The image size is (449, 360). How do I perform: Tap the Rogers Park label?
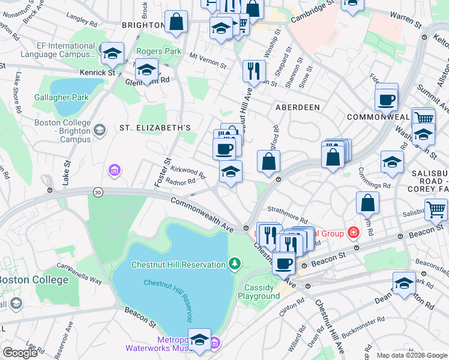158,52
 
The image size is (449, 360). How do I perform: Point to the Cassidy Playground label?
259,292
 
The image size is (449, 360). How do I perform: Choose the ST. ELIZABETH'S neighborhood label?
155,128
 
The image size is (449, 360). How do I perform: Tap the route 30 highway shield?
97,192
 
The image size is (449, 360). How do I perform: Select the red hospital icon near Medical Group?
354,232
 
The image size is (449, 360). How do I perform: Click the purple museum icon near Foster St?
114,172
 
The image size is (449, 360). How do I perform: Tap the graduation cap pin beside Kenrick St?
112,54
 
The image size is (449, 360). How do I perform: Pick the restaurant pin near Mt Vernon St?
254,71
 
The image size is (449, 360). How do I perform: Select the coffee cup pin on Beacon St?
283,262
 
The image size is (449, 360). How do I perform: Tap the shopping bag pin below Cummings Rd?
367,203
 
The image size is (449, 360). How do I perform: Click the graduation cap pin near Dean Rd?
404,283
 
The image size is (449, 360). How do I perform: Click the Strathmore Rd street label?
287,220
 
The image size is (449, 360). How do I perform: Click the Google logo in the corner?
20,353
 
